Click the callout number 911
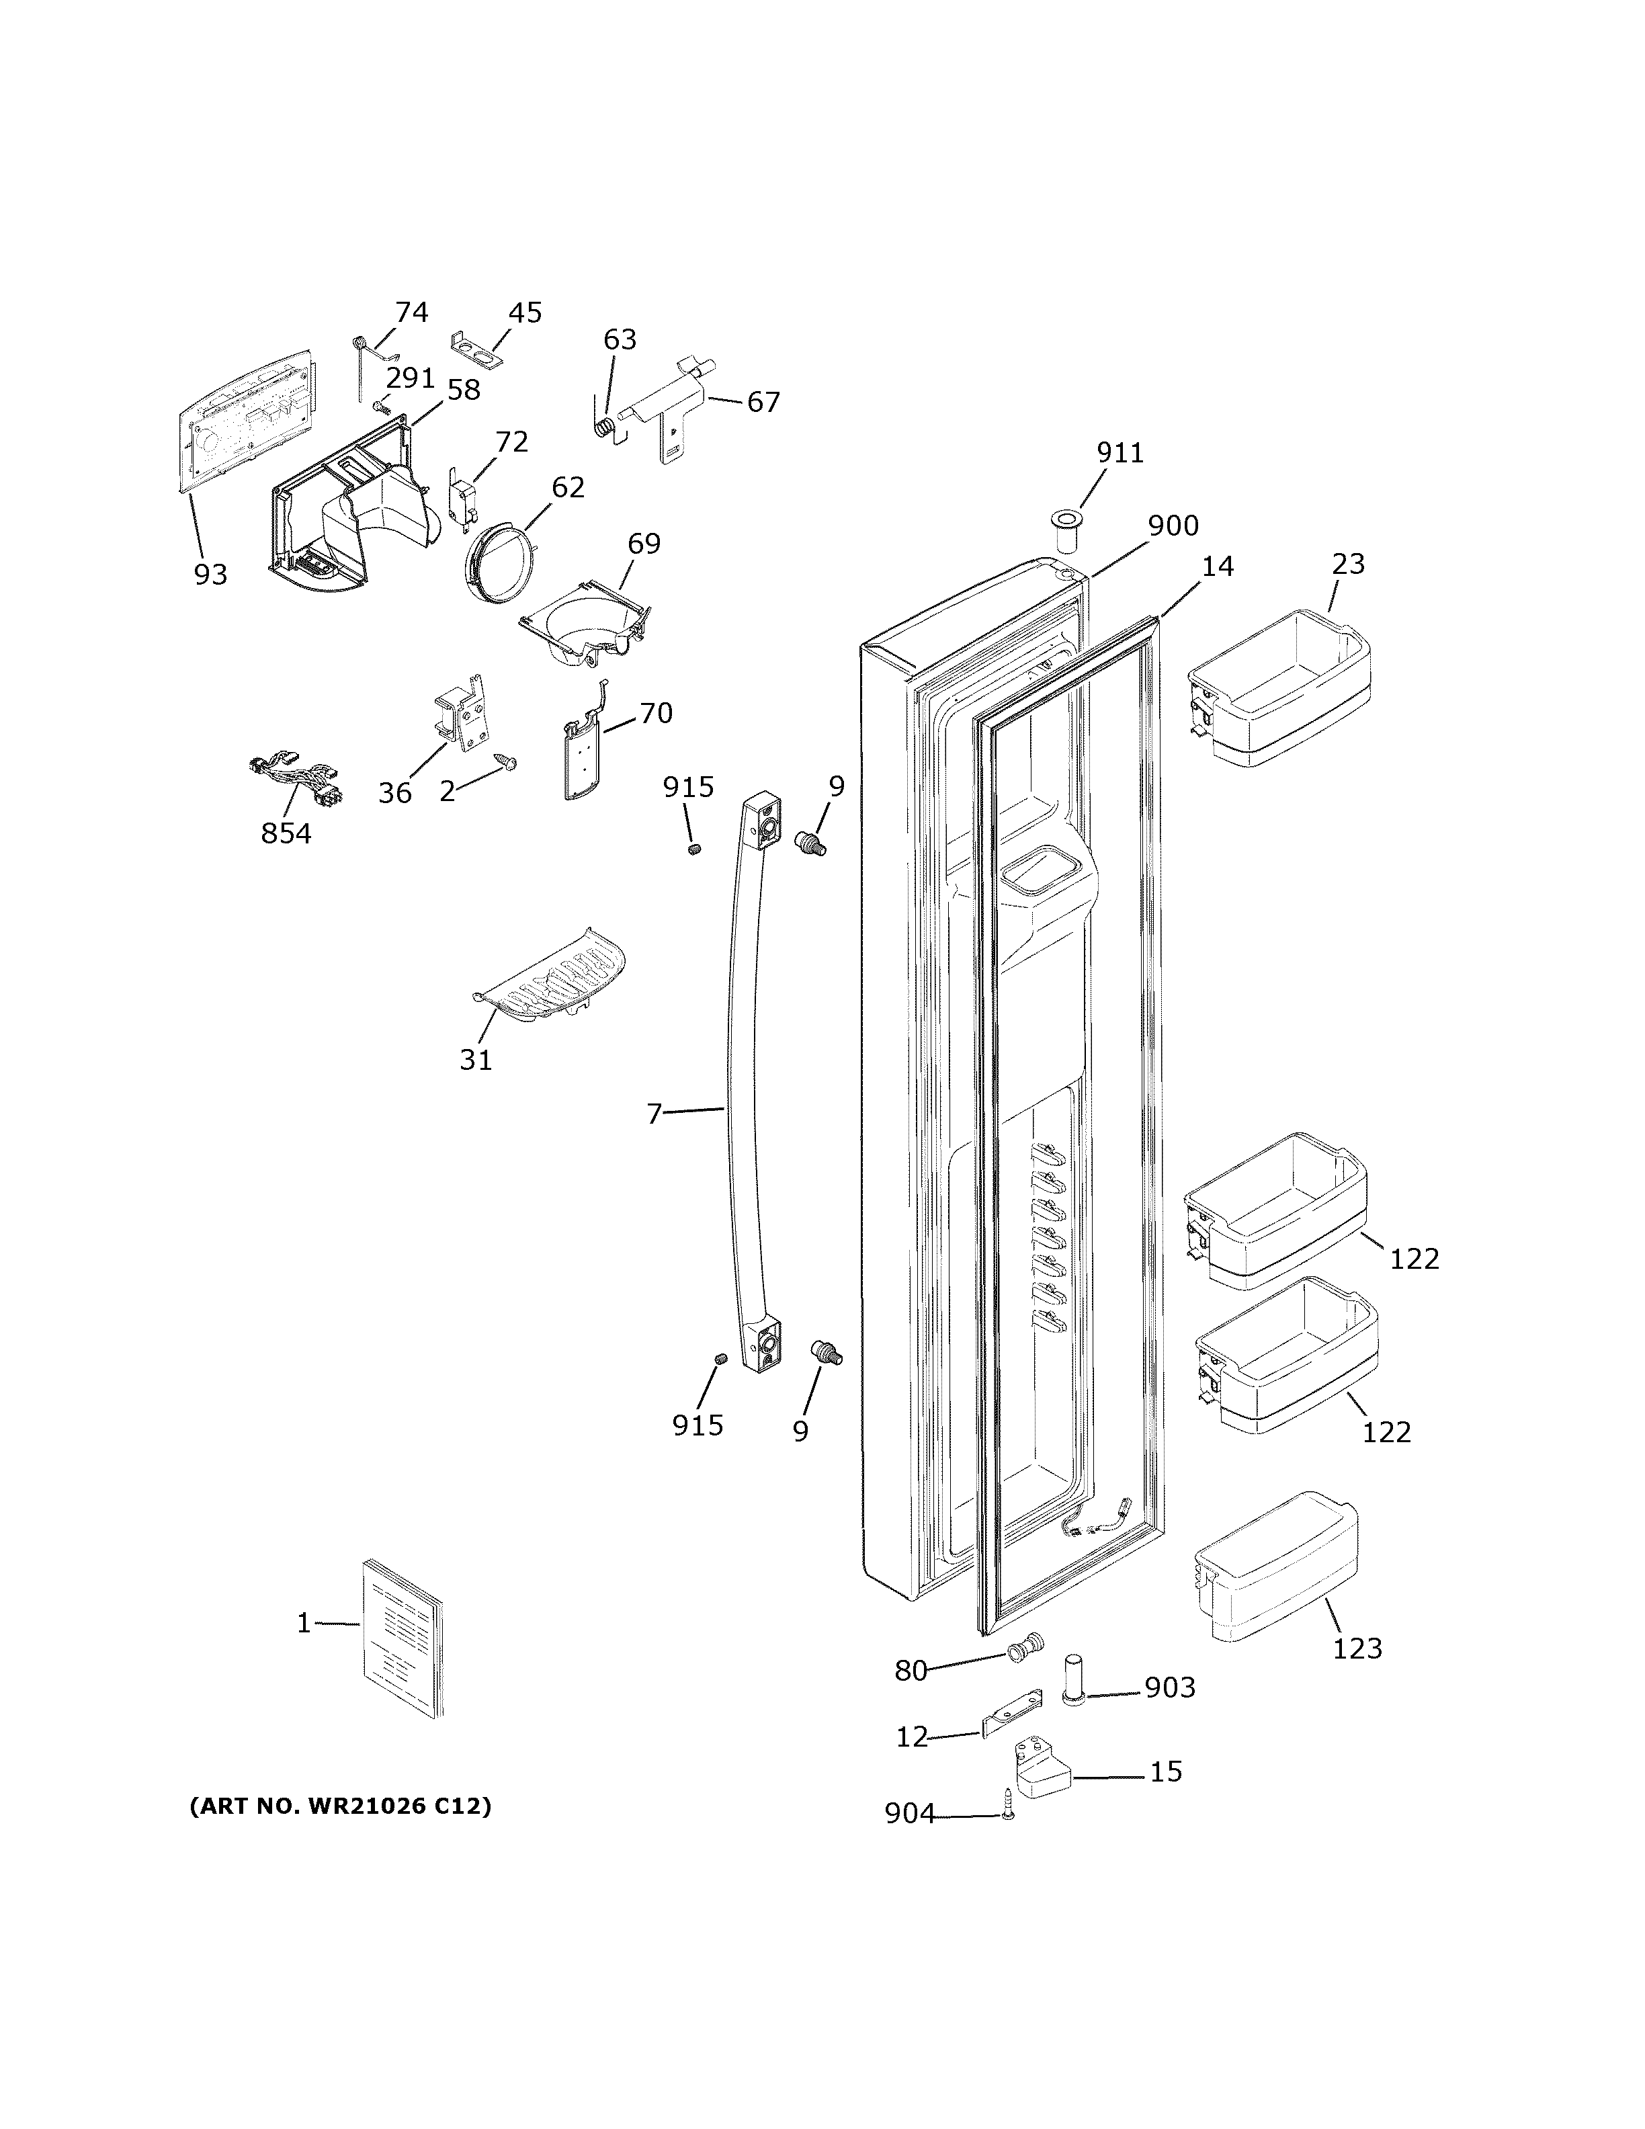1120,454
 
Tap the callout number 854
286,833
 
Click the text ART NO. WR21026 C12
340,1806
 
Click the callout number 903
1169,1687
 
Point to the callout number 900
1173,526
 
